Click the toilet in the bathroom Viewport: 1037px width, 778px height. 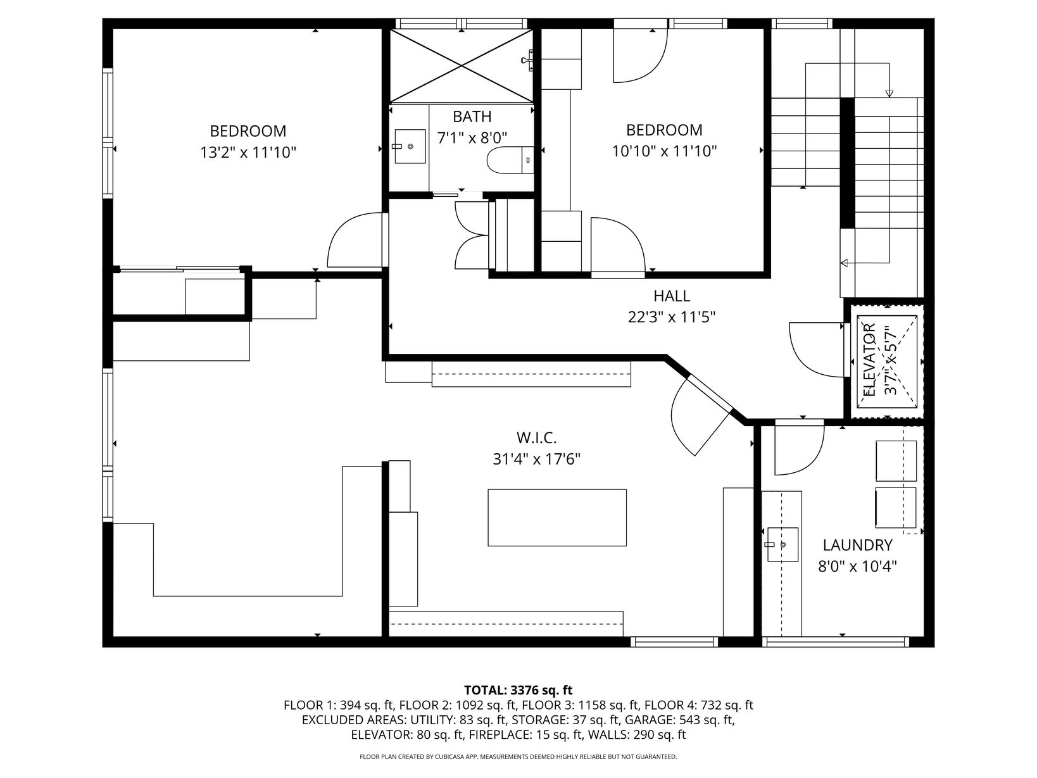tap(510, 160)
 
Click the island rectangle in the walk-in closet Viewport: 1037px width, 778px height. tap(557, 517)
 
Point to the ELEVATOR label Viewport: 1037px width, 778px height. tap(869, 360)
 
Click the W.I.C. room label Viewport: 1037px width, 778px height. tap(537, 438)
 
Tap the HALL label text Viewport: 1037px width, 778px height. tap(671, 296)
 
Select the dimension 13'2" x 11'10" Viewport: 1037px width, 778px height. tap(248, 153)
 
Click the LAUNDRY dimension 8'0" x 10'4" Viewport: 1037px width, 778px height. tap(857, 566)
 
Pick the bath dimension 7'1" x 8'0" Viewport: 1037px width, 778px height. tap(472, 138)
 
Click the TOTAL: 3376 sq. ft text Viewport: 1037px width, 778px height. tap(518, 690)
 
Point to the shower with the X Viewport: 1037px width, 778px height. tap(461, 66)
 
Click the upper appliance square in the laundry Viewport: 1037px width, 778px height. tap(896, 461)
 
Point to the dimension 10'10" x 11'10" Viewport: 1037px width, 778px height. tap(664, 152)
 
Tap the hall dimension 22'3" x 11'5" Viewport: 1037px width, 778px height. tap(671, 317)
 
